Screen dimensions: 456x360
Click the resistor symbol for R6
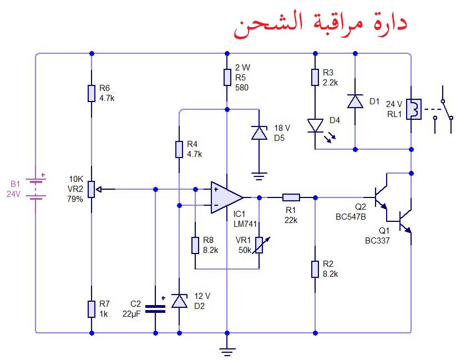(92, 93)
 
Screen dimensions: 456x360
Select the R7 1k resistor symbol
(92, 309)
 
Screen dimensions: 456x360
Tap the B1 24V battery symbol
(36, 189)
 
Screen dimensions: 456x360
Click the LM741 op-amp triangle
(227, 197)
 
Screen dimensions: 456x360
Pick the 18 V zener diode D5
(259, 133)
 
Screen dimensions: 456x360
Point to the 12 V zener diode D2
(179, 301)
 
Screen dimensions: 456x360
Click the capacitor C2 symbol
(155, 309)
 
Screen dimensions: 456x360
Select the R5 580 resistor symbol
(227, 77)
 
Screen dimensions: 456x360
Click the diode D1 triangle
(355, 101)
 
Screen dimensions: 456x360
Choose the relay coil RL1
(414, 109)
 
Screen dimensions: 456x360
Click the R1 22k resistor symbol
(291, 197)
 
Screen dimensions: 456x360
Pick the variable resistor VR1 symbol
(259, 245)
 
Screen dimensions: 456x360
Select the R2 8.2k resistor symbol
(315, 269)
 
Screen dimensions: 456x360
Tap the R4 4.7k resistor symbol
(179, 149)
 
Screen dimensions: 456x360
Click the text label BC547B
(351, 217)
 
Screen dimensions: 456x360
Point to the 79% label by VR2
(75, 199)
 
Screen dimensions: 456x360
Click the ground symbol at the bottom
(227, 352)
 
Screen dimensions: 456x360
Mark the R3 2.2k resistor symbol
(315, 77)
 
